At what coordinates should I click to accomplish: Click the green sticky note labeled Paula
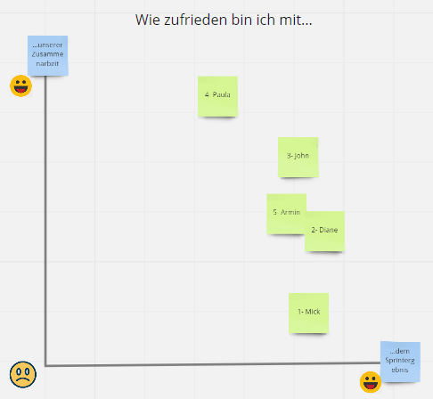click(217, 96)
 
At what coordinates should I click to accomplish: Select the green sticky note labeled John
click(298, 158)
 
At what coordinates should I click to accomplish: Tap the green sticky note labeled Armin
click(286, 214)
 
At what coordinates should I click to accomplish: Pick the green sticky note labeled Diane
click(324, 232)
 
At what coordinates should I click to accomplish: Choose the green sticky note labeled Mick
click(308, 313)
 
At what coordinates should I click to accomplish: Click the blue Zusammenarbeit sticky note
click(48, 55)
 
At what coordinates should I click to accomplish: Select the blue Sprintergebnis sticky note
click(400, 362)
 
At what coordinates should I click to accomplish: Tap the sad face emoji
click(23, 374)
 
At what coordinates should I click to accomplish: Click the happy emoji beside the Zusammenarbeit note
click(20, 85)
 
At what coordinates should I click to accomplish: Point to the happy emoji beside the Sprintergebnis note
click(371, 382)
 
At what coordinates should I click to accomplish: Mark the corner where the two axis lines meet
click(45, 365)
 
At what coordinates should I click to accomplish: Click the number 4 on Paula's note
click(207, 94)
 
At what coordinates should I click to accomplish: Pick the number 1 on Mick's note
click(299, 312)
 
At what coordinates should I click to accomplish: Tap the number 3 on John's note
click(289, 156)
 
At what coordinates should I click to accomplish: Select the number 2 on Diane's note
click(314, 230)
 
